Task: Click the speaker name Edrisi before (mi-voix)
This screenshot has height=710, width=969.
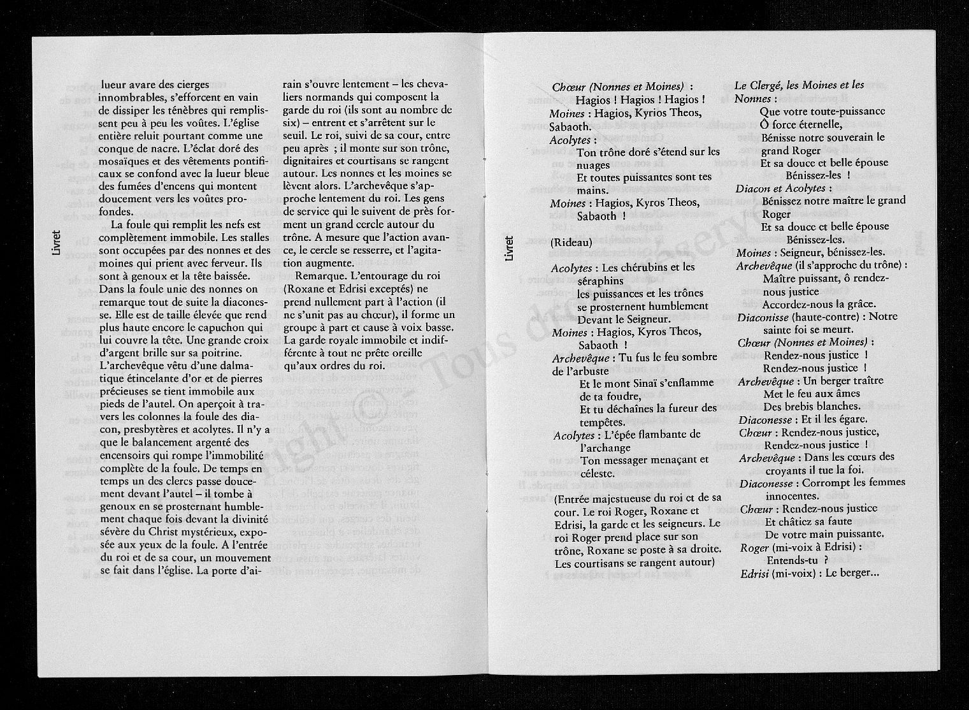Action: click(x=754, y=574)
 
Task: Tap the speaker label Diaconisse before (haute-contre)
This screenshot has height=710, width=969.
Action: click(x=763, y=317)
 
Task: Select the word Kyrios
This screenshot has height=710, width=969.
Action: click(x=645, y=113)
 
